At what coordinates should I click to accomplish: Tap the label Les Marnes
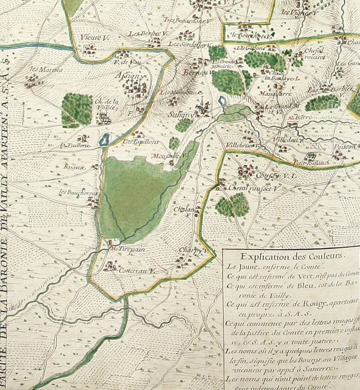[40, 70]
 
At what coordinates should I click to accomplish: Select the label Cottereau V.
[137, 271]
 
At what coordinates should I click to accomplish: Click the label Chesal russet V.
[254, 189]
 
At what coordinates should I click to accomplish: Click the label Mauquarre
[275, 94]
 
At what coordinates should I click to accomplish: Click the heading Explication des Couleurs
[292, 257]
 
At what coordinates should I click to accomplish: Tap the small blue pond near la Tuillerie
[104, 140]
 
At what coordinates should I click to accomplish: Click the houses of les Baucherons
[93, 202]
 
